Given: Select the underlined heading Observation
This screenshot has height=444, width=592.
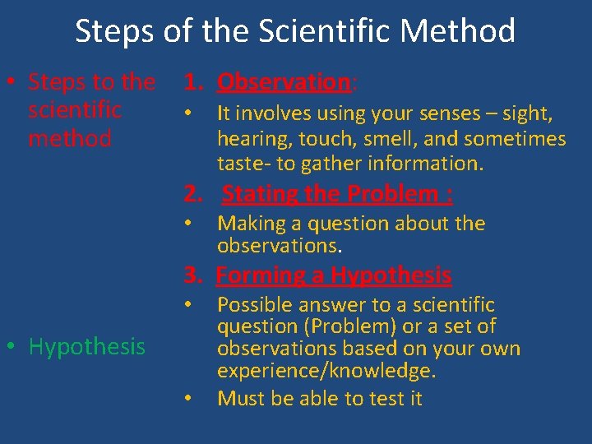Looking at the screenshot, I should coord(284,82).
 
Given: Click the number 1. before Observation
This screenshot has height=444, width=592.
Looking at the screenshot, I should coord(193,82).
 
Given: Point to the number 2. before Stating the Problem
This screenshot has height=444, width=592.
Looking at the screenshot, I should coord(193,194).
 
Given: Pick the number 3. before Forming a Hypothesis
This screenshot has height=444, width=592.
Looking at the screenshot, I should coord(193,275).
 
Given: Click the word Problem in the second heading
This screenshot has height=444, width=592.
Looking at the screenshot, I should coord(393,194).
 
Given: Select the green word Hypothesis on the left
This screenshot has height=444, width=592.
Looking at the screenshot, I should coord(86,347).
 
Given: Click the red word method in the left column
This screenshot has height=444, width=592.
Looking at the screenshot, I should coord(70,138).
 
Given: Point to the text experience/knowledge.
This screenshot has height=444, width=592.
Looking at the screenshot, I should coord(326,372).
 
